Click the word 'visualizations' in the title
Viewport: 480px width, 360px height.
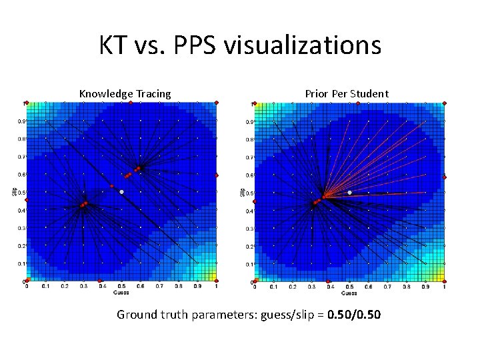point(303,46)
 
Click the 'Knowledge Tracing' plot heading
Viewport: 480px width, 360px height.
point(125,94)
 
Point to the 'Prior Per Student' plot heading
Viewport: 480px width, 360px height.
point(347,94)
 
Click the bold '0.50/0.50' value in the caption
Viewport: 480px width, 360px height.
point(355,314)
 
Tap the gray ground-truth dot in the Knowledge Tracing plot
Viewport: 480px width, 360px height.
point(121,192)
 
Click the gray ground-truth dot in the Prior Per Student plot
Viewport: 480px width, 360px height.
point(349,193)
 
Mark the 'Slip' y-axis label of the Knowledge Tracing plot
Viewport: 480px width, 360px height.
point(15,192)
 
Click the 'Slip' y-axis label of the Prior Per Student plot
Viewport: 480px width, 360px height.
point(243,192)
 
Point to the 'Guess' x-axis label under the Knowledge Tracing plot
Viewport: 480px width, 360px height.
point(121,293)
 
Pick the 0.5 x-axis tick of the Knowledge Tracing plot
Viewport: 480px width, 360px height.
point(121,287)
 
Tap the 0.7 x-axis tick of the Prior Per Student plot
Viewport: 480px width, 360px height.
point(387,287)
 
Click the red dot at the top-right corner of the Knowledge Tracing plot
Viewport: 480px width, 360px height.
point(217,102)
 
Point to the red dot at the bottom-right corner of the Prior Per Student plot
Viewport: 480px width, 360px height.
point(445,282)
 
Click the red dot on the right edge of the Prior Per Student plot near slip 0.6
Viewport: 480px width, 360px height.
point(445,177)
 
